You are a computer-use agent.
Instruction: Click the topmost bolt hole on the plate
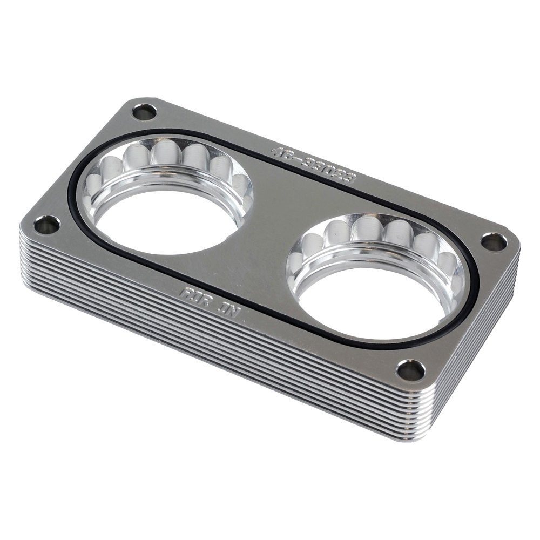[x=144, y=112]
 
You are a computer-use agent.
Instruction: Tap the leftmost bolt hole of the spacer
[x=48, y=224]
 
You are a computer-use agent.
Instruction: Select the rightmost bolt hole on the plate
[x=494, y=242]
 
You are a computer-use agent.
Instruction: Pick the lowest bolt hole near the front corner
[x=411, y=370]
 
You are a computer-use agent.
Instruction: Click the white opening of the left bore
[x=162, y=227]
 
